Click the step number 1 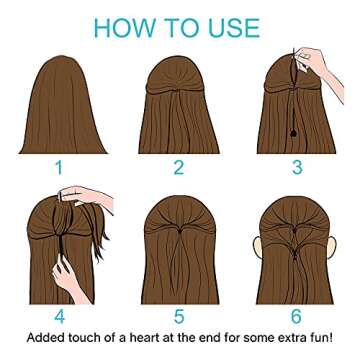tap(58, 167)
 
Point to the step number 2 tap(179, 167)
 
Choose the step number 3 tap(297, 167)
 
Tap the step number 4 tap(58, 318)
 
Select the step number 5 tap(179, 318)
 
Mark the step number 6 tap(297, 318)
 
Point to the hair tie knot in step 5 tap(179, 228)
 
